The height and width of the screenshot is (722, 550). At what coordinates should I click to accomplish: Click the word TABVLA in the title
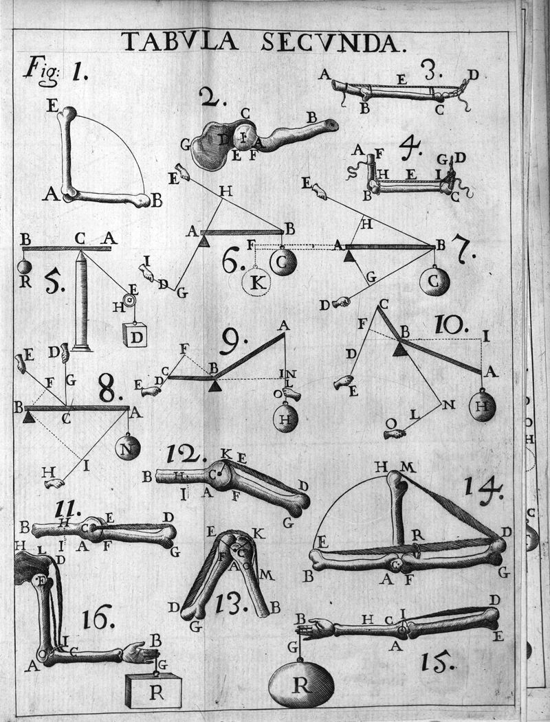[179, 43]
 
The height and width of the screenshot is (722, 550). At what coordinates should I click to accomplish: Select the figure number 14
[484, 488]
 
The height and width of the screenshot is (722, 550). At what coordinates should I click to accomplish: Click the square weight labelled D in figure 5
[135, 335]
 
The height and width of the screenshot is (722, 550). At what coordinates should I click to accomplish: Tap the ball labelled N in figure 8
[128, 447]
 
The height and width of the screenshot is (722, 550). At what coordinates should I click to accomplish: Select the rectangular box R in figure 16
[155, 690]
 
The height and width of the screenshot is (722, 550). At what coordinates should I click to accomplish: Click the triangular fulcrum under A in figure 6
[203, 240]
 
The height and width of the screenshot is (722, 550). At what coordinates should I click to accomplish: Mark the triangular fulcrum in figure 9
[215, 385]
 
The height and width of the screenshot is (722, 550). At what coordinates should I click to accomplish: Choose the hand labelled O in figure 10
[393, 433]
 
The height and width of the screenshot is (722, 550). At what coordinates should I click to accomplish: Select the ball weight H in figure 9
[285, 418]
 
